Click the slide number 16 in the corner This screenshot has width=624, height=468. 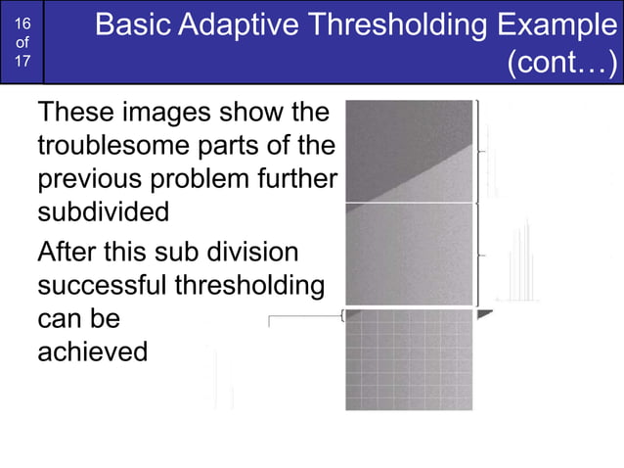pos(22,23)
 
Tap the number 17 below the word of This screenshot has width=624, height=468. pos(22,61)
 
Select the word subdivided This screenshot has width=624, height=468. pos(103,211)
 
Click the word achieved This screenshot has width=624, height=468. pos(92,351)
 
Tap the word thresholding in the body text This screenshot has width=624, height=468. pos(248,287)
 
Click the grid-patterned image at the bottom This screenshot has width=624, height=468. pos(409,360)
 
